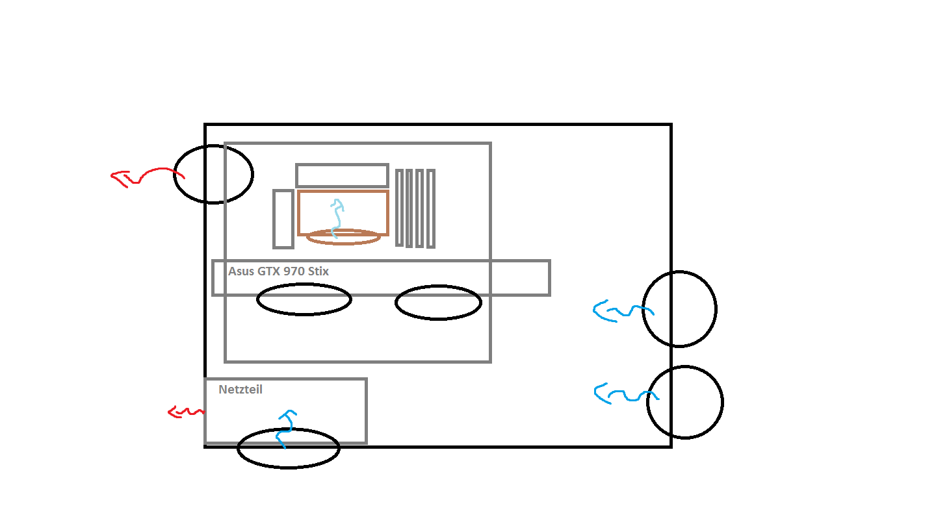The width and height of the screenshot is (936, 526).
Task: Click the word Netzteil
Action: pos(240,390)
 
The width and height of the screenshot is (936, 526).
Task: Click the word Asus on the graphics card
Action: pos(241,271)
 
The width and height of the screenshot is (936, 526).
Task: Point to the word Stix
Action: pos(318,271)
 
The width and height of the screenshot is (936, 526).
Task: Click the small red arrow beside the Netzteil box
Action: pos(187,412)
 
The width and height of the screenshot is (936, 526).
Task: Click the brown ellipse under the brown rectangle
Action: pos(343,244)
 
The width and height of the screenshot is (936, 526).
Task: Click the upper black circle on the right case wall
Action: pos(679,271)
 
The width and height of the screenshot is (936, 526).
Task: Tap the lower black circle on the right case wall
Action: pos(685,366)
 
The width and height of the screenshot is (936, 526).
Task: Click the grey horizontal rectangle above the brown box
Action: pos(342,165)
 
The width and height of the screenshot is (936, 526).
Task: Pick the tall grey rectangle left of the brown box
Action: pos(274,219)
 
